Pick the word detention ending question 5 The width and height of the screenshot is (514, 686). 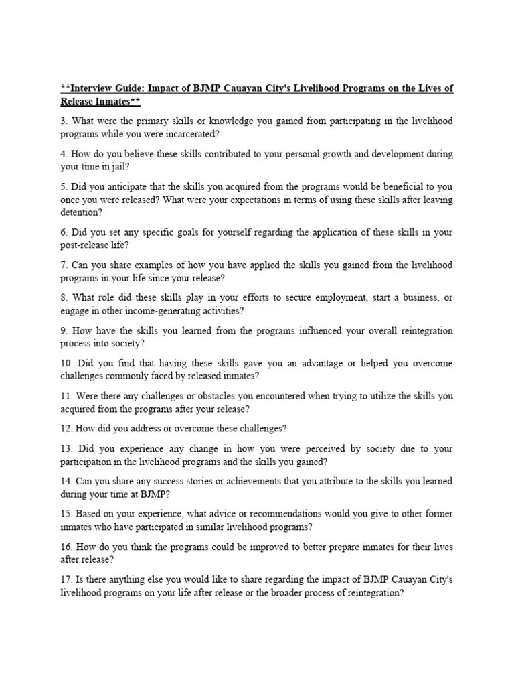tap(81, 212)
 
